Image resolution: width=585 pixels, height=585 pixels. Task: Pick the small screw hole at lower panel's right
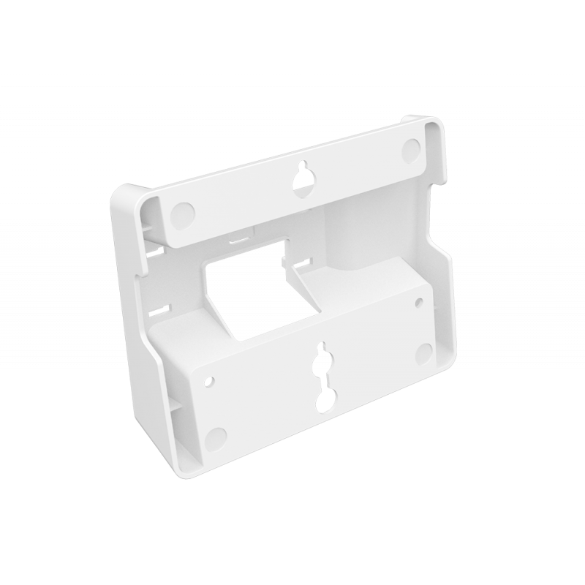coord(418,301)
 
